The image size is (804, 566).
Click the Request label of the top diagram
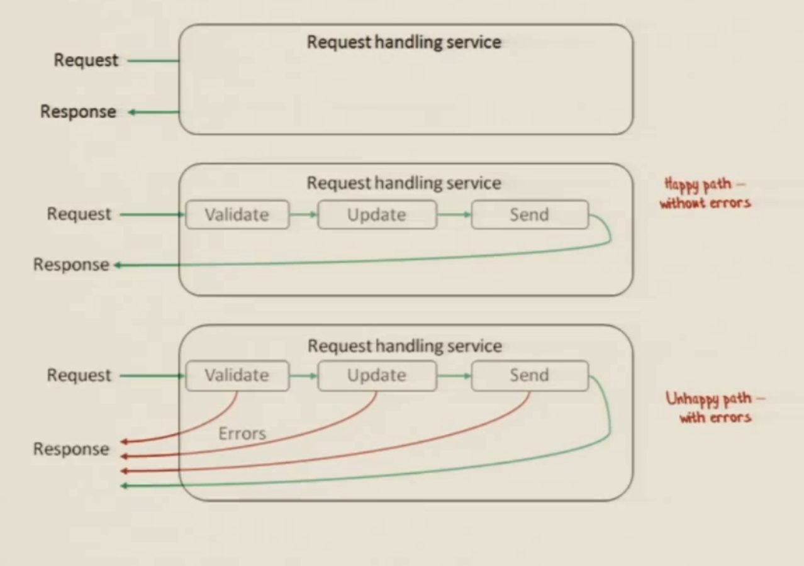(x=86, y=60)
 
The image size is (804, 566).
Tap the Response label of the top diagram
(x=78, y=112)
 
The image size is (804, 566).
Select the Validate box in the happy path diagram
(x=237, y=214)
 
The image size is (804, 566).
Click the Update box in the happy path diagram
(x=377, y=214)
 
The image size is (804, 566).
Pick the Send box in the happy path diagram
(x=530, y=214)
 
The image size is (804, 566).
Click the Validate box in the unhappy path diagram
(x=237, y=375)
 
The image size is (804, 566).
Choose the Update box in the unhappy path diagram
(x=377, y=375)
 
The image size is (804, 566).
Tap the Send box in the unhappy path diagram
(x=530, y=375)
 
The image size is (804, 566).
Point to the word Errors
(x=242, y=433)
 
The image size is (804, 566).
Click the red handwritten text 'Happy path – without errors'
(x=705, y=193)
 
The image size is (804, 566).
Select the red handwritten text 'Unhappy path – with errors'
(x=715, y=408)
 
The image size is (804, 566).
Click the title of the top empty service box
(x=404, y=42)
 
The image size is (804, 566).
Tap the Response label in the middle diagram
(x=71, y=265)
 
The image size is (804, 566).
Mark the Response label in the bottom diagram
(x=71, y=449)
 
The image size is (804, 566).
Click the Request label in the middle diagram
(x=79, y=214)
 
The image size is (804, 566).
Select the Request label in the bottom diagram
(x=79, y=375)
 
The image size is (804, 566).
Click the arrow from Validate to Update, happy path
(x=304, y=214)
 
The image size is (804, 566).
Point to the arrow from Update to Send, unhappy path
(x=454, y=376)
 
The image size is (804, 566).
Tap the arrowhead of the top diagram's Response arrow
(x=132, y=113)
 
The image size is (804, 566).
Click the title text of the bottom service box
(x=405, y=346)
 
